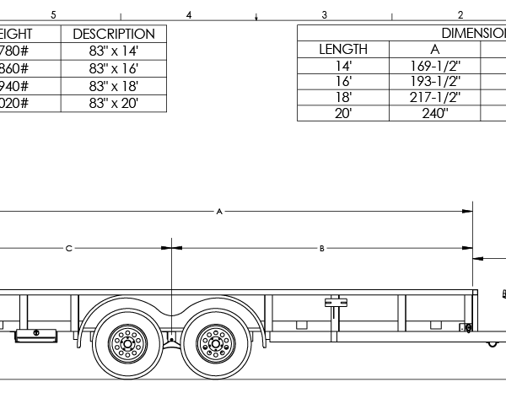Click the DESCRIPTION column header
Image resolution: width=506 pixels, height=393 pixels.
click(114, 34)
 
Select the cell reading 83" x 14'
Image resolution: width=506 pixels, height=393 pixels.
click(114, 51)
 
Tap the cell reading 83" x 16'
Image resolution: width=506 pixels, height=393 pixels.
click(114, 69)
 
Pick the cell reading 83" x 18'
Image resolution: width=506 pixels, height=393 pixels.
click(114, 86)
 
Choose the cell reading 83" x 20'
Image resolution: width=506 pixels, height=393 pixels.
click(114, 103)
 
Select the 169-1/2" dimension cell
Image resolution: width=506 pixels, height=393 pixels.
click(434, 65)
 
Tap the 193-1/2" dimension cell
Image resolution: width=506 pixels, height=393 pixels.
click(434, 81)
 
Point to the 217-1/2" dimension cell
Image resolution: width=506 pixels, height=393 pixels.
click(434, 97)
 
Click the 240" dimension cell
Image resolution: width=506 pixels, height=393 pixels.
click(434, 113)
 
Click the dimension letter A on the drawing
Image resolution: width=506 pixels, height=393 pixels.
click(219, 212)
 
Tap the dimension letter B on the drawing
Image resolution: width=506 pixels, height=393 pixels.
click(321, 249)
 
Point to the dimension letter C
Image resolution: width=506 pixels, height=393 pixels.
click(69, 249)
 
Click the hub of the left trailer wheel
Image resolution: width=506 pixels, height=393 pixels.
click(128, 342)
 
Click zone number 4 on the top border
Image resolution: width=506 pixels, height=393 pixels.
click(189, 14)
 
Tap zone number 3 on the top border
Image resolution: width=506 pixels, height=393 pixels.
click(325, 14)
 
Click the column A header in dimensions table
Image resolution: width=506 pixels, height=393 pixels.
click(434, 49)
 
